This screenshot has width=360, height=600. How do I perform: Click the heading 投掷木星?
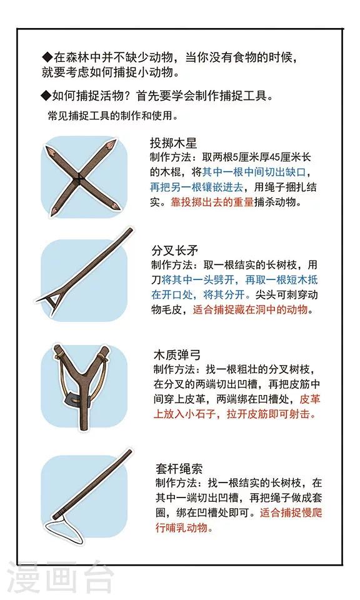pyautogui.click(x=173, y=143)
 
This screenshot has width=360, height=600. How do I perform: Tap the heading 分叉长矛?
pyautogui.click(x=175, y=251)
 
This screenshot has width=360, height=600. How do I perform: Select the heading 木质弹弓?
pyautogui.click(x=177, y=355)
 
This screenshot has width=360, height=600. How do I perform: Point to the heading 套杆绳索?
pyautogui.click(x=179, y=469)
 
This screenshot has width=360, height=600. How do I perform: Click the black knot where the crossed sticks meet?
pyautogui.click(x=79, y=177)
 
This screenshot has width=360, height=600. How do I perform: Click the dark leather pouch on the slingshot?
pyautogui.click(x=78, y=401)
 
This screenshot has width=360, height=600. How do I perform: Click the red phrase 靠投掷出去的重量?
pyautogui.click(x=212, y=202)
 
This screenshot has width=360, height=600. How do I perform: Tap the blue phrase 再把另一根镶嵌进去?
pyautogui.click(x=196, y=187)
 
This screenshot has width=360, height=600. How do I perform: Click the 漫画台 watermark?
pyautogui.click(x=61, y=577)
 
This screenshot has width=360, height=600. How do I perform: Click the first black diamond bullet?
pyautogui.click(x=47, y=57)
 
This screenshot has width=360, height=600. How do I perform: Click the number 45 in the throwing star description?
pyautogui.click(x=276, y=157)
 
